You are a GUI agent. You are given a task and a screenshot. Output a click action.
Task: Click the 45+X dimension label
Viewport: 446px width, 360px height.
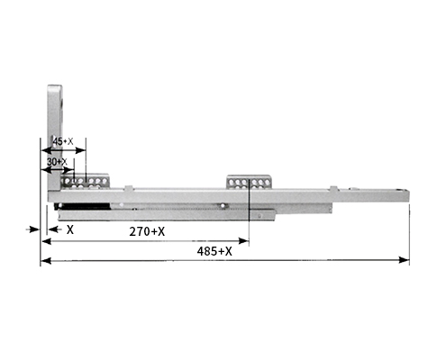pyautogui.click(x=63, y=141)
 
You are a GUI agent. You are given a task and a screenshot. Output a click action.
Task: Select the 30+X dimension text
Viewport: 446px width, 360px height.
pyautogui.click(x=57, y=162)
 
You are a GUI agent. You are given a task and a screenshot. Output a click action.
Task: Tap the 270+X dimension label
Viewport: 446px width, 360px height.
pyautogui.click(x=147, y=231)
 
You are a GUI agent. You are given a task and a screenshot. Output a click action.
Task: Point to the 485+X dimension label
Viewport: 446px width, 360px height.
pyautogui.click(x=214, y=251)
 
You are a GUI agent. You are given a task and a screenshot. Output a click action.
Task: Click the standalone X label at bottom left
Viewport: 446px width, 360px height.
pyautogui.click(x=70, y=229)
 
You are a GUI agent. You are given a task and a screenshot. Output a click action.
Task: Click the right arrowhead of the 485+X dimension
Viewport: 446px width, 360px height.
pyautogui.click(x=404, y=260)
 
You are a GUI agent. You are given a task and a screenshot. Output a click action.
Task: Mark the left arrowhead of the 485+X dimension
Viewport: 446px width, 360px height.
pyautogui.click(x=46, y=261)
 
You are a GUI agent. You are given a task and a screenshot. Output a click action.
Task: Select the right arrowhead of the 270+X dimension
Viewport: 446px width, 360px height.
pyautogui.click(x=243, y=240)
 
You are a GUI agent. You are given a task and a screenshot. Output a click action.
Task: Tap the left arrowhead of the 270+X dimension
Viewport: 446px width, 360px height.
pyautogui.click(x=47, y=241)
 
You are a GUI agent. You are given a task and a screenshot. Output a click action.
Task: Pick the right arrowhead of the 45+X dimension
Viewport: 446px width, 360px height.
pyautogui.click(x=80, y=150)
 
